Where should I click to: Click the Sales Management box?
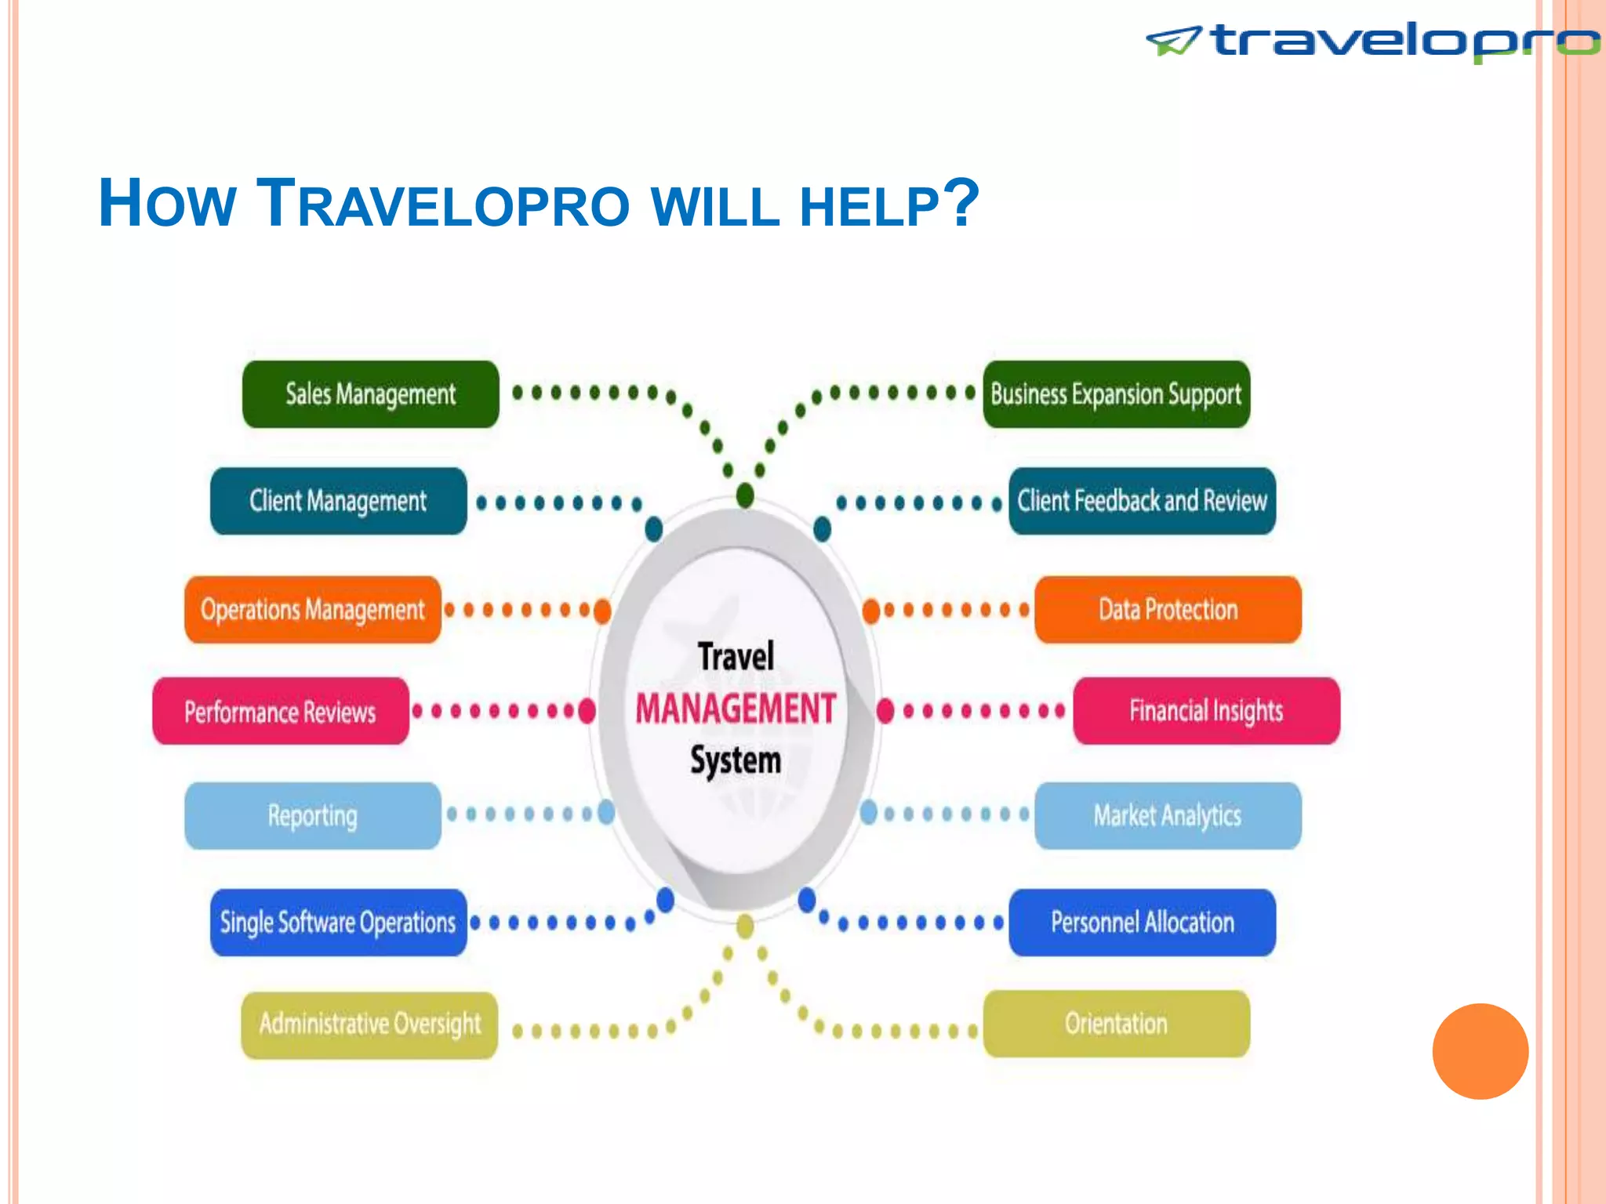(370, 394)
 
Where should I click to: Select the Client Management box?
(338, 501)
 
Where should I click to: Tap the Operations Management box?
(312, 610)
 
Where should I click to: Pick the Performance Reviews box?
(280, 711)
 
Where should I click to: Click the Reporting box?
(312, 816)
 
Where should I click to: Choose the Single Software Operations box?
(338, 923)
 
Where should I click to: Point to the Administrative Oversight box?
(369, 1024)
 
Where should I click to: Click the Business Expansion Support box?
(1116, 394)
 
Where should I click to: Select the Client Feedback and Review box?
(1142, 501)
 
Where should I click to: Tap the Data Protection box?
(1168, 610)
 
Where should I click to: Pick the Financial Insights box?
(1206, 711)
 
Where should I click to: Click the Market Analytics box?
(1168, 816)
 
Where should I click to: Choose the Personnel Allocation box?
(1142, 923)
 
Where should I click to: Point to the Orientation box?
(1116, 1024)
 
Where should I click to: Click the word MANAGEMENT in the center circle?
(736, 709)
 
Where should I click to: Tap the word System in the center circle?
(736, 760)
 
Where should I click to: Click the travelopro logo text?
(1404, 41)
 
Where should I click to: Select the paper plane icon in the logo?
(1173, 41)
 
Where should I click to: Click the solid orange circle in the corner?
(1480, 1051)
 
